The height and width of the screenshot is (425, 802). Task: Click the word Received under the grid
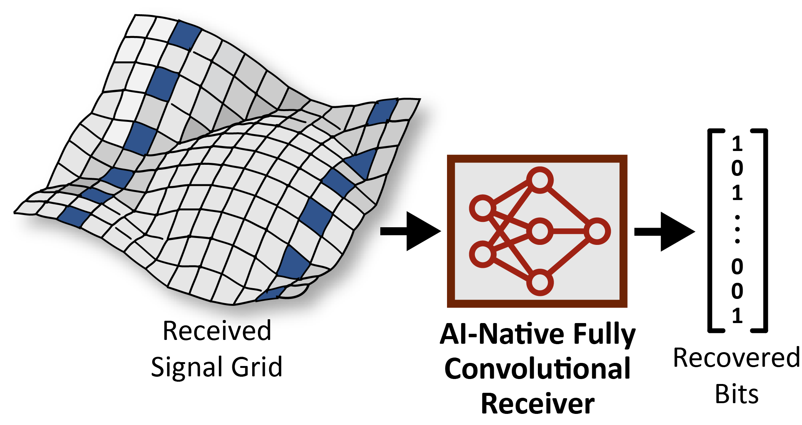[x=217, y=331]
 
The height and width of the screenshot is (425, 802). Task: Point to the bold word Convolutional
[x=537, y=369]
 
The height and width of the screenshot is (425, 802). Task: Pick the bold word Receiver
[x=537, y=404]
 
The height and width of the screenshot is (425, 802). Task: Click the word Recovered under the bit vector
[x=736, y=358]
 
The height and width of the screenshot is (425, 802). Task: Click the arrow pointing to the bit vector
[x=665, y=231]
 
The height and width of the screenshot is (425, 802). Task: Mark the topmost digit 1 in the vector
[x=737, y=144]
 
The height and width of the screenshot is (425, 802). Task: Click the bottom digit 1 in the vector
[x=737, y=316]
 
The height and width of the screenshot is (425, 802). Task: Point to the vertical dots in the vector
[x=737, y=229]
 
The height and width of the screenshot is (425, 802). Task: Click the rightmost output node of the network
[x=597, y=231]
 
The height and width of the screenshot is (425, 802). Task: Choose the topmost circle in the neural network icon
[x=540, y=180]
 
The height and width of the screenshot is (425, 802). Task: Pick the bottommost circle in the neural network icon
[x=540, y=282]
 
